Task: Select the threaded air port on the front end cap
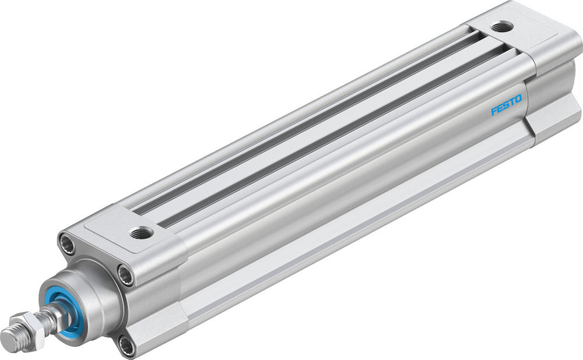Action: tap(141, 233)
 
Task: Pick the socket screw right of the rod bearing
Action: tap(125, 276)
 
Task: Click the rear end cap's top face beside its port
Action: tap(525, 35)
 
